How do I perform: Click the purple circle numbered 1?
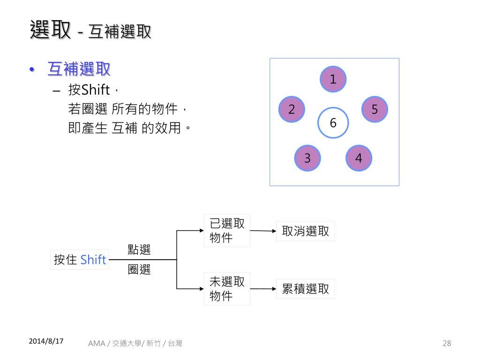tap(333, 79)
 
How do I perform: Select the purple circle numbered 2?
tap(292, 110)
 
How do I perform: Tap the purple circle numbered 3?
tap(307, 158)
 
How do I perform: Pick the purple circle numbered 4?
tap(359, 158)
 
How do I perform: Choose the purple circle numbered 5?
tap(375, 109)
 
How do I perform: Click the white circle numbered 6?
tap(333, 123)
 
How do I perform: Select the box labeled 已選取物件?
tap(227, 231)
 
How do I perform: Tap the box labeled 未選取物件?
tap(227, 289)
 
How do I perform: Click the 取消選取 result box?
tap(305, 231)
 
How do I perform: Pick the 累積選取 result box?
tap(305, 289)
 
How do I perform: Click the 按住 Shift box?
tap(80, 260)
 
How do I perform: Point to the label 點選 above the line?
tap(139, 250)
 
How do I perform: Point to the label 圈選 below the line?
tap(139, 270)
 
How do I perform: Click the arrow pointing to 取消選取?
tap(263, 231)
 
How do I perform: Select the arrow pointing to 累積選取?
tap(263, 289)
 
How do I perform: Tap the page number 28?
tap(447, 344)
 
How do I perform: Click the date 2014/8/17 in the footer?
tap(46, 341)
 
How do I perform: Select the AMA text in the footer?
tap(96, 344)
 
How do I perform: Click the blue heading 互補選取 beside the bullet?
tap(79, 69)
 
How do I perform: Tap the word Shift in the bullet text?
tap(95, 89)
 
